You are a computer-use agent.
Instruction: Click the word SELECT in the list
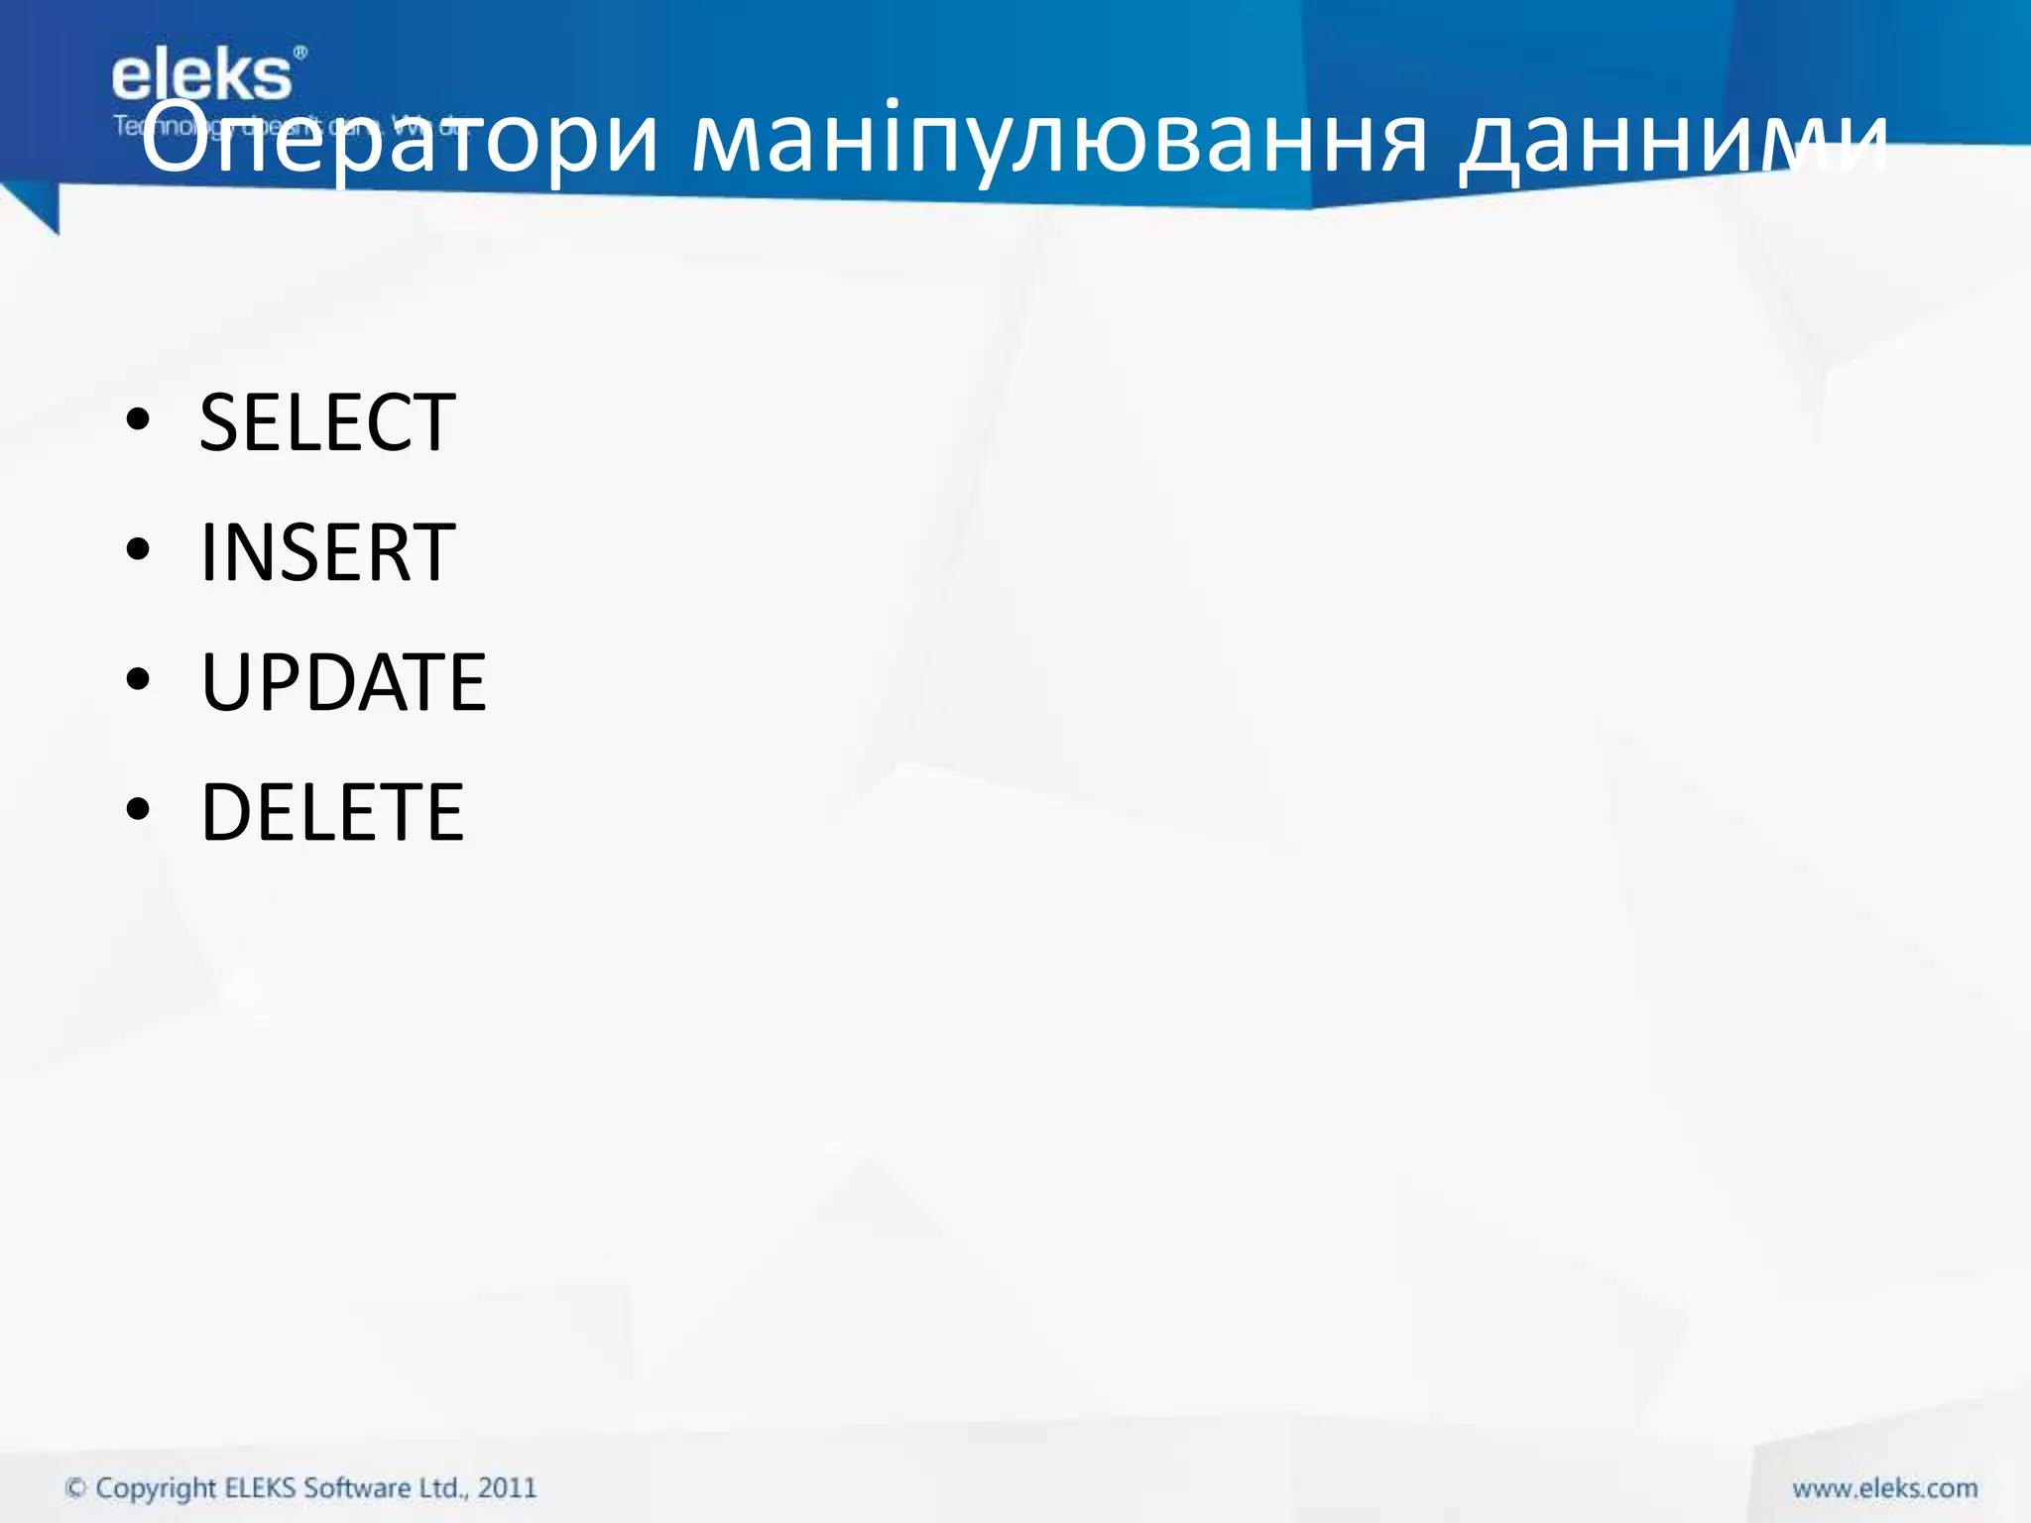[x=327, y=422]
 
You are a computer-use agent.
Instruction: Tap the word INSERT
[x=327, y=552]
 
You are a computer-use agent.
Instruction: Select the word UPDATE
[x=343, y=682]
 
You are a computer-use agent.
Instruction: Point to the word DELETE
[x=332, y=812]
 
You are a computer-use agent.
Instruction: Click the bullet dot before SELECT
[x=138, y=420]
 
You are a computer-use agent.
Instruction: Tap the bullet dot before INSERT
[x=138, y=549]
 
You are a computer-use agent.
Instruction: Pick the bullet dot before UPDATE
[x=138, y=680]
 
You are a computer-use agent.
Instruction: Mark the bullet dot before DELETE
[x=138, y=809]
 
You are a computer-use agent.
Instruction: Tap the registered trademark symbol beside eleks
[x=300, y=52]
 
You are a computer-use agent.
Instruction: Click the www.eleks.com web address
[x=1884, y=1488]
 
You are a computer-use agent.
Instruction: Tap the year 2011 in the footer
[x=507, y=1487]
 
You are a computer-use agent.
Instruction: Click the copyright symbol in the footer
[x=75, y=1487]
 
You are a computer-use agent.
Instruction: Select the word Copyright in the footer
[x=156, y=1488]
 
